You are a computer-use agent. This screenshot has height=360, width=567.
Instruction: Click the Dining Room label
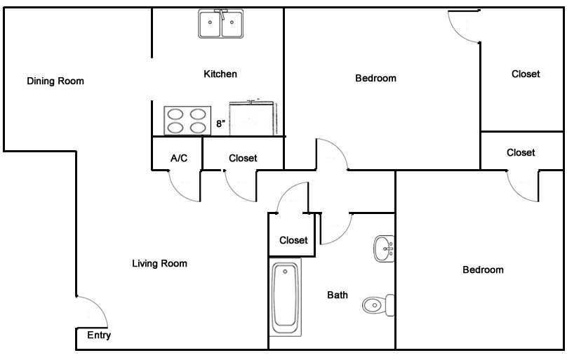pyautogui.click(x=55, y=81)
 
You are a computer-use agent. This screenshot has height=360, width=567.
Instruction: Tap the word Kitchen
pyautogui.click(x=220, y=74)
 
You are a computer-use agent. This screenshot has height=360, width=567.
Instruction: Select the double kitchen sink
pyautogui.click(x=220, y=25)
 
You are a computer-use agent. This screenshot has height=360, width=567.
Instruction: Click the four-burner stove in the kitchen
pyautogui.click(x=187, y=120)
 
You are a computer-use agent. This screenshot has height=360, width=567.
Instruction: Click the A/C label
pyautogui.click(x=179, y=158)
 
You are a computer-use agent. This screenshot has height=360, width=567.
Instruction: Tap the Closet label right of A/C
pyautogui.click(x=243, y=158)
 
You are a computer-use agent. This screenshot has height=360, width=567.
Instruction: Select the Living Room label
pyautogui.click(x=159, y=264)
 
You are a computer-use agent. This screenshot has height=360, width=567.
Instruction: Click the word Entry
pyautogui.click(x=99, y=335)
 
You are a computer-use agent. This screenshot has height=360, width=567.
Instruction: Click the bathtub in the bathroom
pyautogui.click(x=286, y=298)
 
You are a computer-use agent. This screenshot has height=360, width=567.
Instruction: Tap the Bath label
pyautogui.click(x=338, y=295)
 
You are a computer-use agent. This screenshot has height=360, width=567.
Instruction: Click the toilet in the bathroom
pyautogui.click(x=378, y=305)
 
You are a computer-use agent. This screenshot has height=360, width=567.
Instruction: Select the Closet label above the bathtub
pyautogui.click(x=293, y=240)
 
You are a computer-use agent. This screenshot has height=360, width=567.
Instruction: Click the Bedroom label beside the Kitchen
pyautogui.click(x=375, y=78)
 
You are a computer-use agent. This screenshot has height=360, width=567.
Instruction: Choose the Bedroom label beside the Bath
pyautogui.click(x=483, y=269)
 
